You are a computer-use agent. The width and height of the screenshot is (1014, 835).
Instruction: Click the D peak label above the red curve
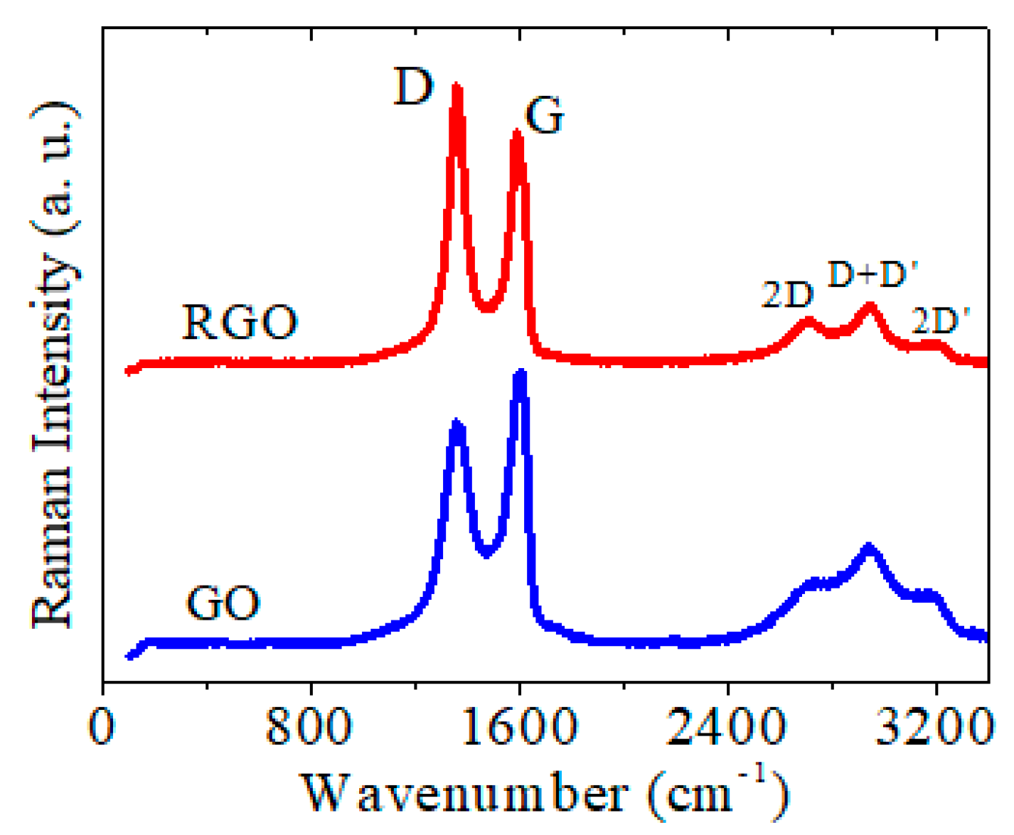(x=413, y=88)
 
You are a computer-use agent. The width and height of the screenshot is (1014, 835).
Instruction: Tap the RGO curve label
(x=240, y=323)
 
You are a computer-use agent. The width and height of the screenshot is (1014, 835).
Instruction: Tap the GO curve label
(x=223, y=604)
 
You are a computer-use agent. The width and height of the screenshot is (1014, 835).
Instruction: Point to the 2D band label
(x=786, y=294)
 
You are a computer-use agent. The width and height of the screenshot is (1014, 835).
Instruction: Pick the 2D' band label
(x=940, y=322)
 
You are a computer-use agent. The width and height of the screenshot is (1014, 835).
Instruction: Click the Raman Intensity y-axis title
(x=54, y=362)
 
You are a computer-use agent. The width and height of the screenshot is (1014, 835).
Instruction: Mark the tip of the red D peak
(x=457, y=87)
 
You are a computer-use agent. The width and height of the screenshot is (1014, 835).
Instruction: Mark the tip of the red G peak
(x=517, y=133)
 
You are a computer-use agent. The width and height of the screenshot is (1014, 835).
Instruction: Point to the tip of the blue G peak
(x=521, y=373)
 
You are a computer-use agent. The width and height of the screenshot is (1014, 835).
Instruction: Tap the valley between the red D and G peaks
(x=487, y=308)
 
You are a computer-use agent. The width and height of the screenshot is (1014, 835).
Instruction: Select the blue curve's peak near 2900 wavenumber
(x=868, y=547)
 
